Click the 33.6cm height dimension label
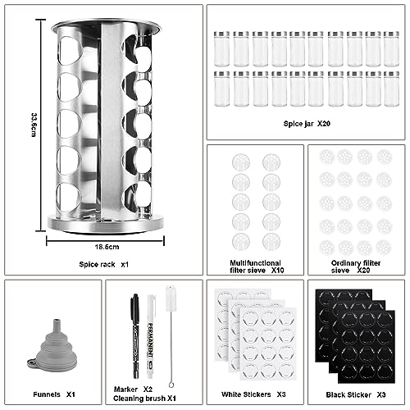pyautogui.click(x=34, y=125)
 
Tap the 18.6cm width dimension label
pyautogui.click(x=107, y=247)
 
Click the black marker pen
pyautogui.click(x=135, y=336)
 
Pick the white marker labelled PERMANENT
pyautogui.click(x=150, y=336)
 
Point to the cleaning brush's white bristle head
pyautogui.click(x=171, y=298)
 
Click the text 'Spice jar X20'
pyautogui.click(x=307, y=124)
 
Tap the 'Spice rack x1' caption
pyautogui.click(x=103, y=264)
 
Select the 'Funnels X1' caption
pyautogui.click(x=54, y=394)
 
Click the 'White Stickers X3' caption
pyautogui.click(x=253, y=394)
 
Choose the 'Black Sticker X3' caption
pyautogui.click(x=356, y=394)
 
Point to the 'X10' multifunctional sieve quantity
pyautogui.click(x=277, y=271)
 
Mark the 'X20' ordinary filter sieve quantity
pyautogui.click(x=363, y=271)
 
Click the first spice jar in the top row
pyautogui.click(x=221, y=49)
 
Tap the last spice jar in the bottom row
pyautogui.click(x=391, y=89)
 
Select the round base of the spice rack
pyautogui.click(x=106, y=225)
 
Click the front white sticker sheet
pyautogui.click(x=268, y=344)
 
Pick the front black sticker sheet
pyautogui.click(x=367, y=347)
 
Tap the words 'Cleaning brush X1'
pyautogui.click(x=144, y=399)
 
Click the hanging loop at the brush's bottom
pyautogui.click(x=171, y=385)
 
